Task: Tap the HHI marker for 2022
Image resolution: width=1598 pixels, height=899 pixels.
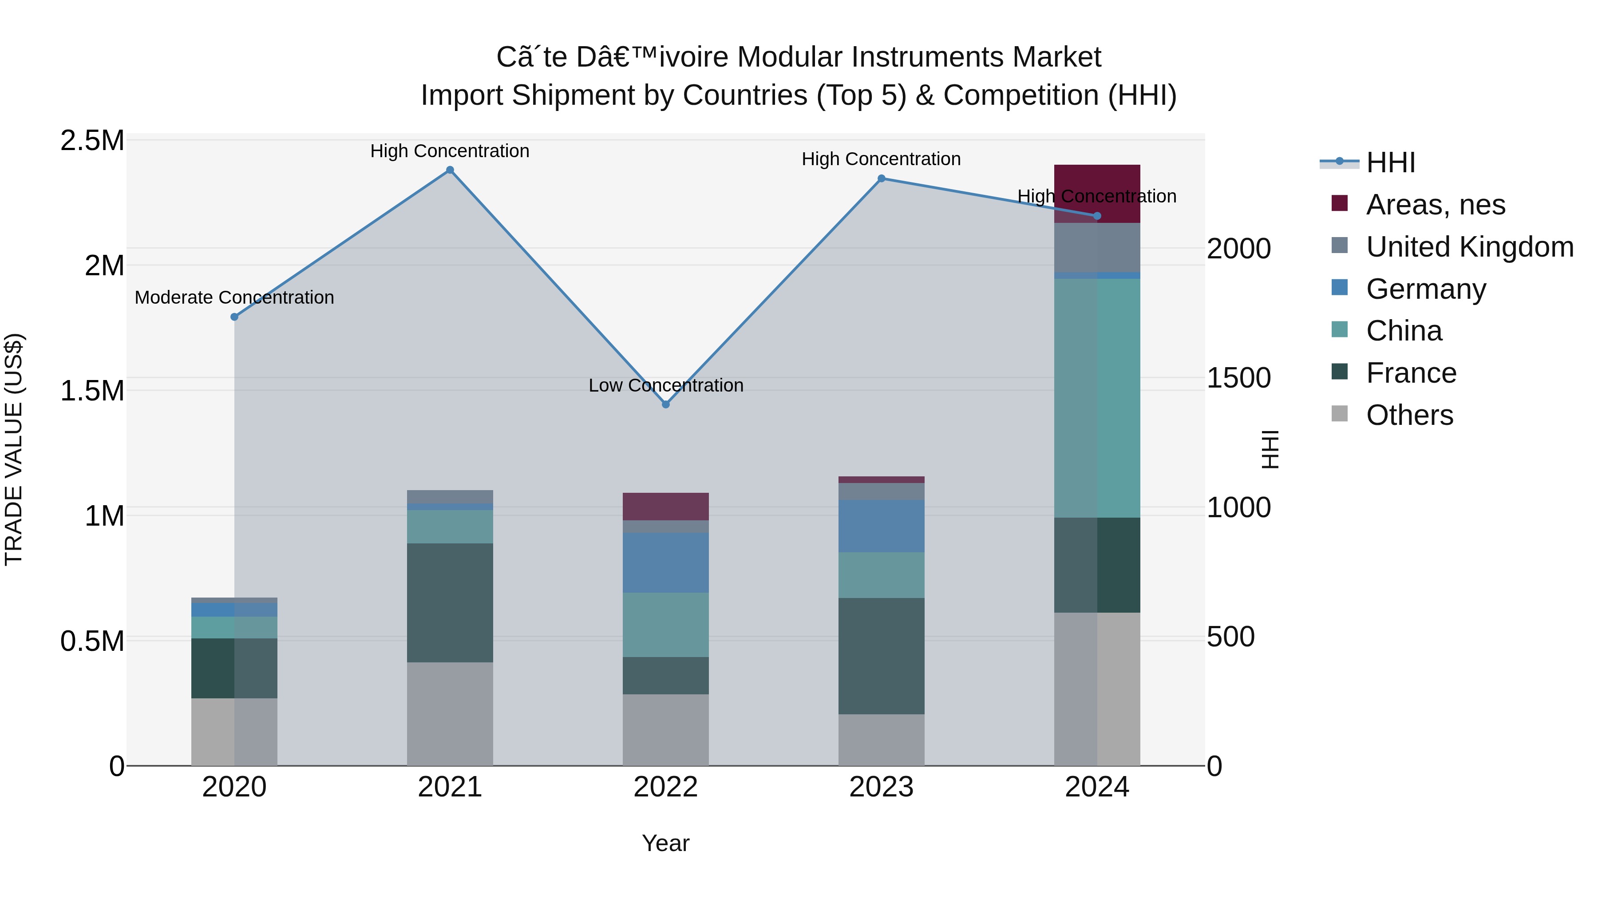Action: coord(666,404)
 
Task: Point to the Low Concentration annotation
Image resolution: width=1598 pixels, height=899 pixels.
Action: coord(666,385)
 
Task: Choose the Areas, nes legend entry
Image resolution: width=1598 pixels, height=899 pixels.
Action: coord(1435,205)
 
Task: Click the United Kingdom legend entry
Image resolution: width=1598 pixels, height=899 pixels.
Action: coord(1469,247)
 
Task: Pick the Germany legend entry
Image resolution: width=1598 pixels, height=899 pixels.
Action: coord(1425,289)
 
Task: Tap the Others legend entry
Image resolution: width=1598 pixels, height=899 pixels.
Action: coord(1409,415)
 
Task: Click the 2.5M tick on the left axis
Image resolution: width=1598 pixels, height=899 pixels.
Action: coord(92,141)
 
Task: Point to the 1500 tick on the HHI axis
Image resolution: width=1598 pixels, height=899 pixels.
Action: coord(1238,378)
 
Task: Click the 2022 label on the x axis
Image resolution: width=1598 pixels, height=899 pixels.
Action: coord(666,787)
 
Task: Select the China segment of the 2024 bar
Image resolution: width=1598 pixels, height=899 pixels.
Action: coord(1097,397)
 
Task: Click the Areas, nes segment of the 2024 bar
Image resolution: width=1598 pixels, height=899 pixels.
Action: coord(1097,193)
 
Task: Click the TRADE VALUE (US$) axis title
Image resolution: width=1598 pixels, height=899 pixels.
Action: coord(14,449)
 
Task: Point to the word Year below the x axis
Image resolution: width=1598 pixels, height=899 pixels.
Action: coord(666,843)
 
